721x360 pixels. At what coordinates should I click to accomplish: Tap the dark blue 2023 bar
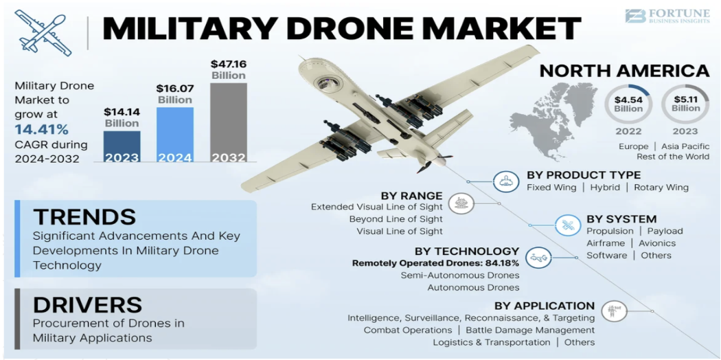click(122, 146)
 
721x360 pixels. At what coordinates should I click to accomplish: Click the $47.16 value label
click(228, 65)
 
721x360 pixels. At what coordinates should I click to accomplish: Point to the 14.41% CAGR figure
click(42, 129)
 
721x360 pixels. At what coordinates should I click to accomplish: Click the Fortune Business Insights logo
click(667, 16)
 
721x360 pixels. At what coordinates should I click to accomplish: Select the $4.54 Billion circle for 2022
click(628, 104)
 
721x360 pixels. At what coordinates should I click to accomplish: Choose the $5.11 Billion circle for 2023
click(685, 104)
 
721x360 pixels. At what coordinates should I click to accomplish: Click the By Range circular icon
click(459, 203)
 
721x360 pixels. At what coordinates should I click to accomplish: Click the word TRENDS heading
click(84, 217)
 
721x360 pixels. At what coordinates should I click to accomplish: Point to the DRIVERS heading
click(87, 304)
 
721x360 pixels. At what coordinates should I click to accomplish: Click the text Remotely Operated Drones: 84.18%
click(436, 263)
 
